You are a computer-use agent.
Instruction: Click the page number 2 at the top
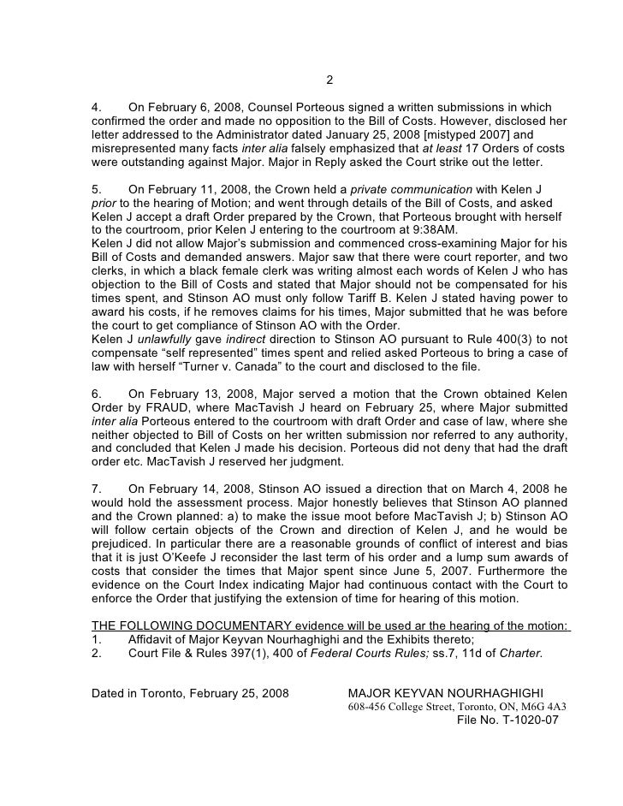point(329,81)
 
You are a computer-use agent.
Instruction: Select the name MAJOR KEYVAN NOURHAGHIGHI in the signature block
point(446,692)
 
